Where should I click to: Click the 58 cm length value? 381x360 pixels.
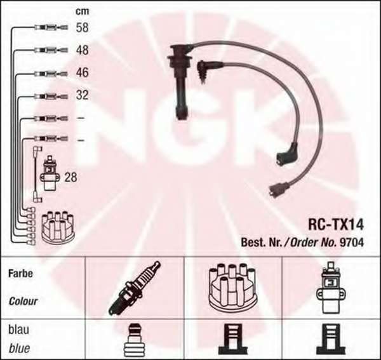pos(82,27)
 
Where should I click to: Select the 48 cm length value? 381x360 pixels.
pos(82,50)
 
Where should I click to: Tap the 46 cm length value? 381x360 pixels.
pos(82,72)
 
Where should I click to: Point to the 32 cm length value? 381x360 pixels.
pos(82,95)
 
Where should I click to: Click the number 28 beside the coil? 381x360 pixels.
pos(70,177)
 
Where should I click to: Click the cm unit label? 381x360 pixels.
pos(83,11)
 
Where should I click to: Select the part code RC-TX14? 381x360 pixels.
pos(336,225)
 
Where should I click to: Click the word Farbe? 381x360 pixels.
pos(20,274)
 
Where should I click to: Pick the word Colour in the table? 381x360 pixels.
pos(23,302)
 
